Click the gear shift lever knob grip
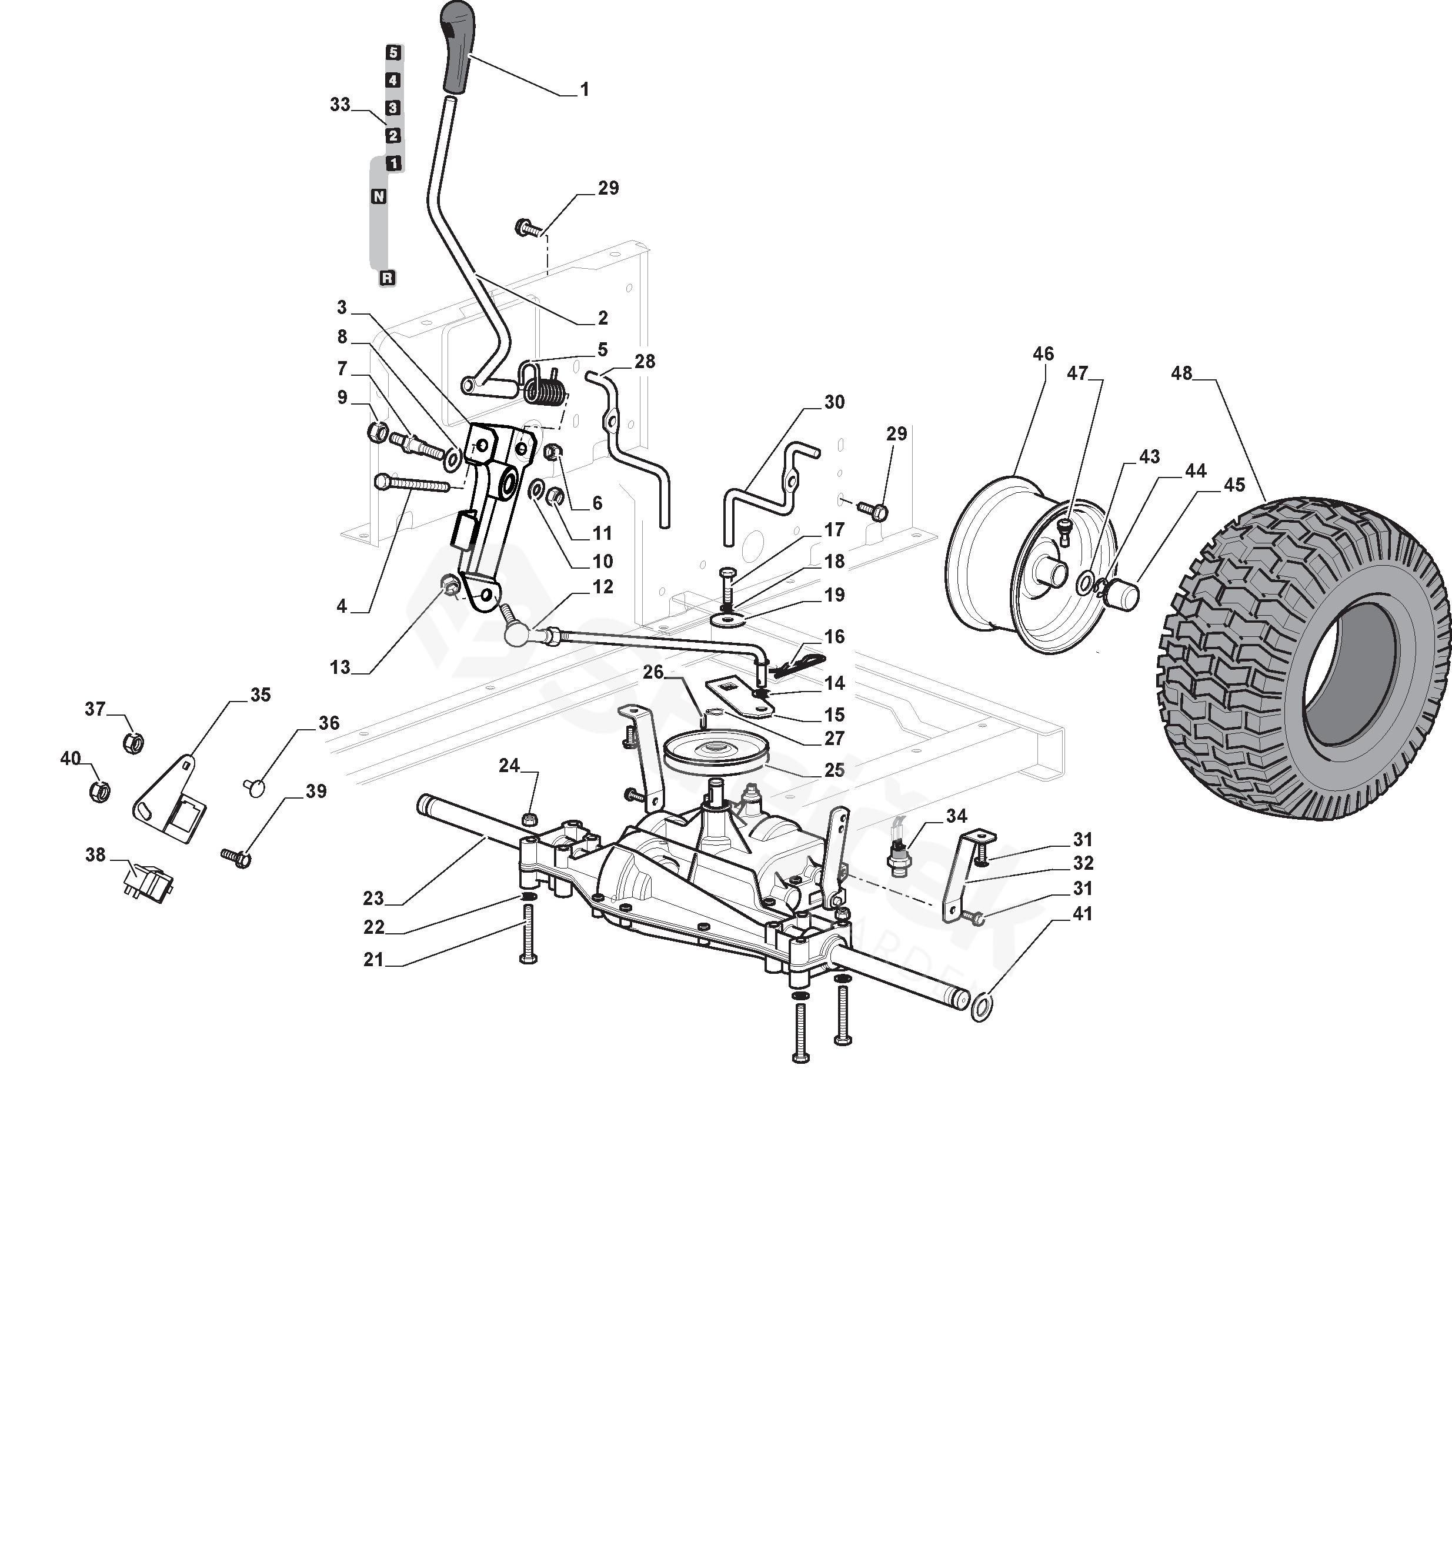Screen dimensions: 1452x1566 tap(456, 47)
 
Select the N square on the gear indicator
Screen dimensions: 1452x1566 tap(379, 196)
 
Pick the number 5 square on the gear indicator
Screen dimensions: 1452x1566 tap(393, 53)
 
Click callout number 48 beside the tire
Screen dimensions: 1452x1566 tap(1181, 373)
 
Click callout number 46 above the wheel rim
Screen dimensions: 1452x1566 tap(1043, 355)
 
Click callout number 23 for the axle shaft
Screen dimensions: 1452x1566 tap(373, 897)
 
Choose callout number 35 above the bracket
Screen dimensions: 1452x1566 tap(260, 694)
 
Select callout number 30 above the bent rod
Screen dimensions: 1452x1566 tap(834, 402)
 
